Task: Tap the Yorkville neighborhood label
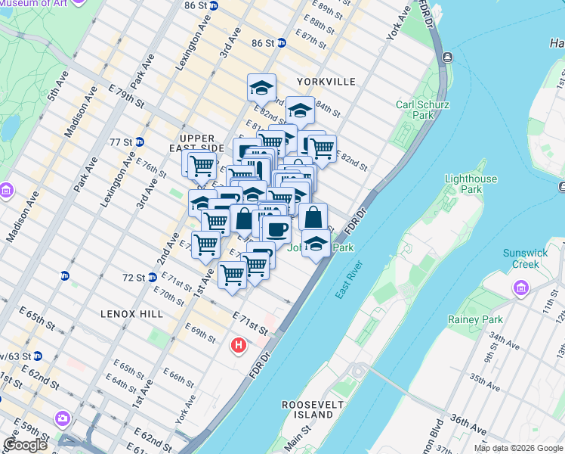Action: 326,81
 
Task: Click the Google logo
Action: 25,445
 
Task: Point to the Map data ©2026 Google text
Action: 518,448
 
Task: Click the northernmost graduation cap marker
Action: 261,88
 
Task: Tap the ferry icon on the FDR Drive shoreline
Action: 447,58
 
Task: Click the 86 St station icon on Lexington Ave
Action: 213,5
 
